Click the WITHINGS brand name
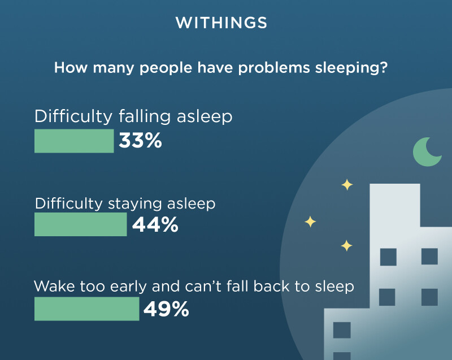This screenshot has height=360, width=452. click(221, 23)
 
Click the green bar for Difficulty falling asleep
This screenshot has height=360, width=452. click(74, 141)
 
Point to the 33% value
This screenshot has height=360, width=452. click(140, 141)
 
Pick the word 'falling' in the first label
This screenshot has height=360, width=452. click(145, 117)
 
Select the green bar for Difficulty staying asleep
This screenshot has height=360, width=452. click(80, 224)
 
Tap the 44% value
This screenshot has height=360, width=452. click(155, 224)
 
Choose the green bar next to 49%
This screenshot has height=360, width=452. click(87, 309)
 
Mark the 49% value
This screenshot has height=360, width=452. click(166, 309)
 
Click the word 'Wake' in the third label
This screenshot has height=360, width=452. click(54, 287)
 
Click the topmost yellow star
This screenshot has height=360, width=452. click(347, 185)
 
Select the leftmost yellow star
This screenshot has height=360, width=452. click(310, 222)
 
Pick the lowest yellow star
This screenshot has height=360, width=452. click(346, 246)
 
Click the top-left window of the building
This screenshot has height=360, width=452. click(388, 257)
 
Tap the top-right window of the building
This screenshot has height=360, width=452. click(429, 256)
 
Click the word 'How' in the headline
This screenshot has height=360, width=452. click(71, 68)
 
